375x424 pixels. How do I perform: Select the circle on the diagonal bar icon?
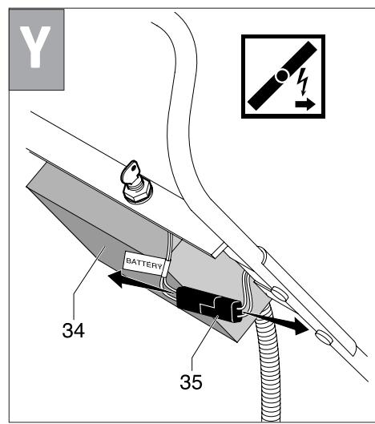coord(280,77)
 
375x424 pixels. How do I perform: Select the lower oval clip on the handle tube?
coord(321,335)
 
